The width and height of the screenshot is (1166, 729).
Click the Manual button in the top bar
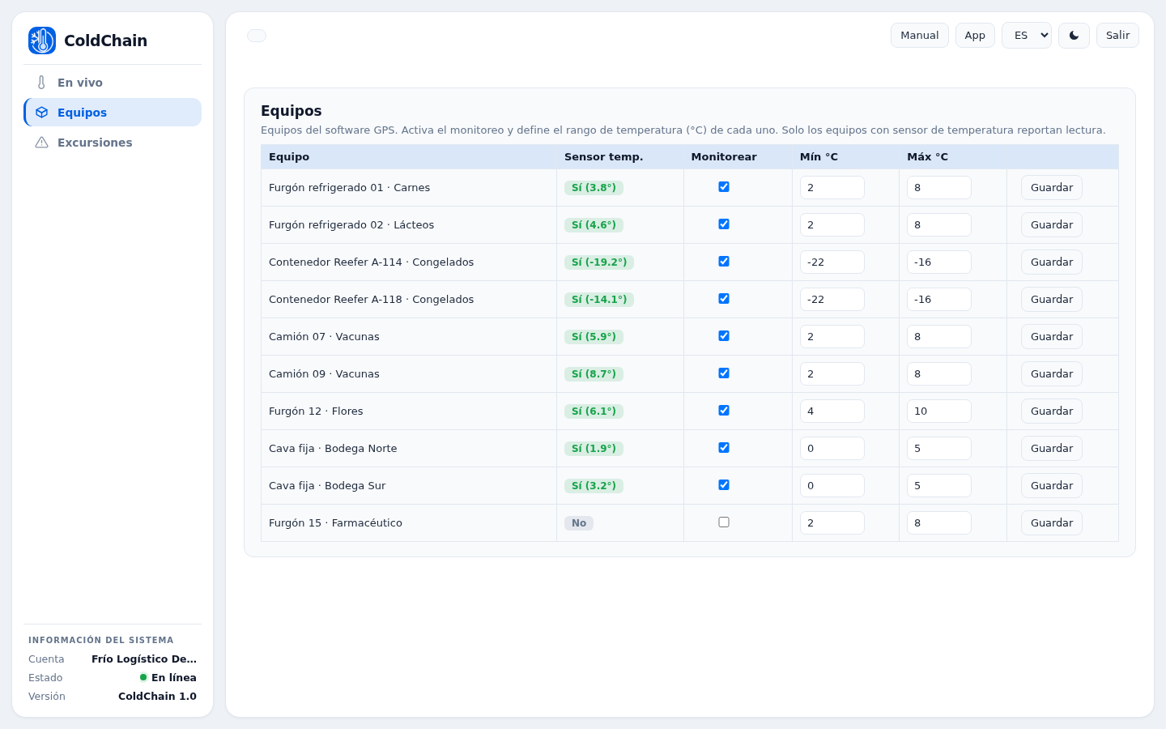(919, 36)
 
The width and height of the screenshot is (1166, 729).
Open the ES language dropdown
(1027, 36)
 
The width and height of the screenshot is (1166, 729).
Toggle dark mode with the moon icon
(1074, 36)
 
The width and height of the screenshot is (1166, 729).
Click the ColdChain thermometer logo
(42, 40)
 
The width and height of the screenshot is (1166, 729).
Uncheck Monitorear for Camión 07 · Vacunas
(724, 336)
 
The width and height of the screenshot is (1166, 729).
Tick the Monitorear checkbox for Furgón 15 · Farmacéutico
(724, 522)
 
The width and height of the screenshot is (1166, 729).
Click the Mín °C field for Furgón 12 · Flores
(832, 411)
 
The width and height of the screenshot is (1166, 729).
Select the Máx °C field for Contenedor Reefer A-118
(938, 299)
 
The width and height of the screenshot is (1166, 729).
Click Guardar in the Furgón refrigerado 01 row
(1052, 187)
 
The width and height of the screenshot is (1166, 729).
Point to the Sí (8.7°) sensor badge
(594, 374)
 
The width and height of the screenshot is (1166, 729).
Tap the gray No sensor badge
(579, 522)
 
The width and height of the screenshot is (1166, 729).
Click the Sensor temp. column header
(603, 157)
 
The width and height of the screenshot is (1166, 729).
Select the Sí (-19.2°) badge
(598, 262)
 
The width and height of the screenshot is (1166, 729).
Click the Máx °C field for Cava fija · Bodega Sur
(938, 485)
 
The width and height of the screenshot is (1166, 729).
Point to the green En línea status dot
(143, 677)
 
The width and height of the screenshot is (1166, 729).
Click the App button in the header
(974, 36)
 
